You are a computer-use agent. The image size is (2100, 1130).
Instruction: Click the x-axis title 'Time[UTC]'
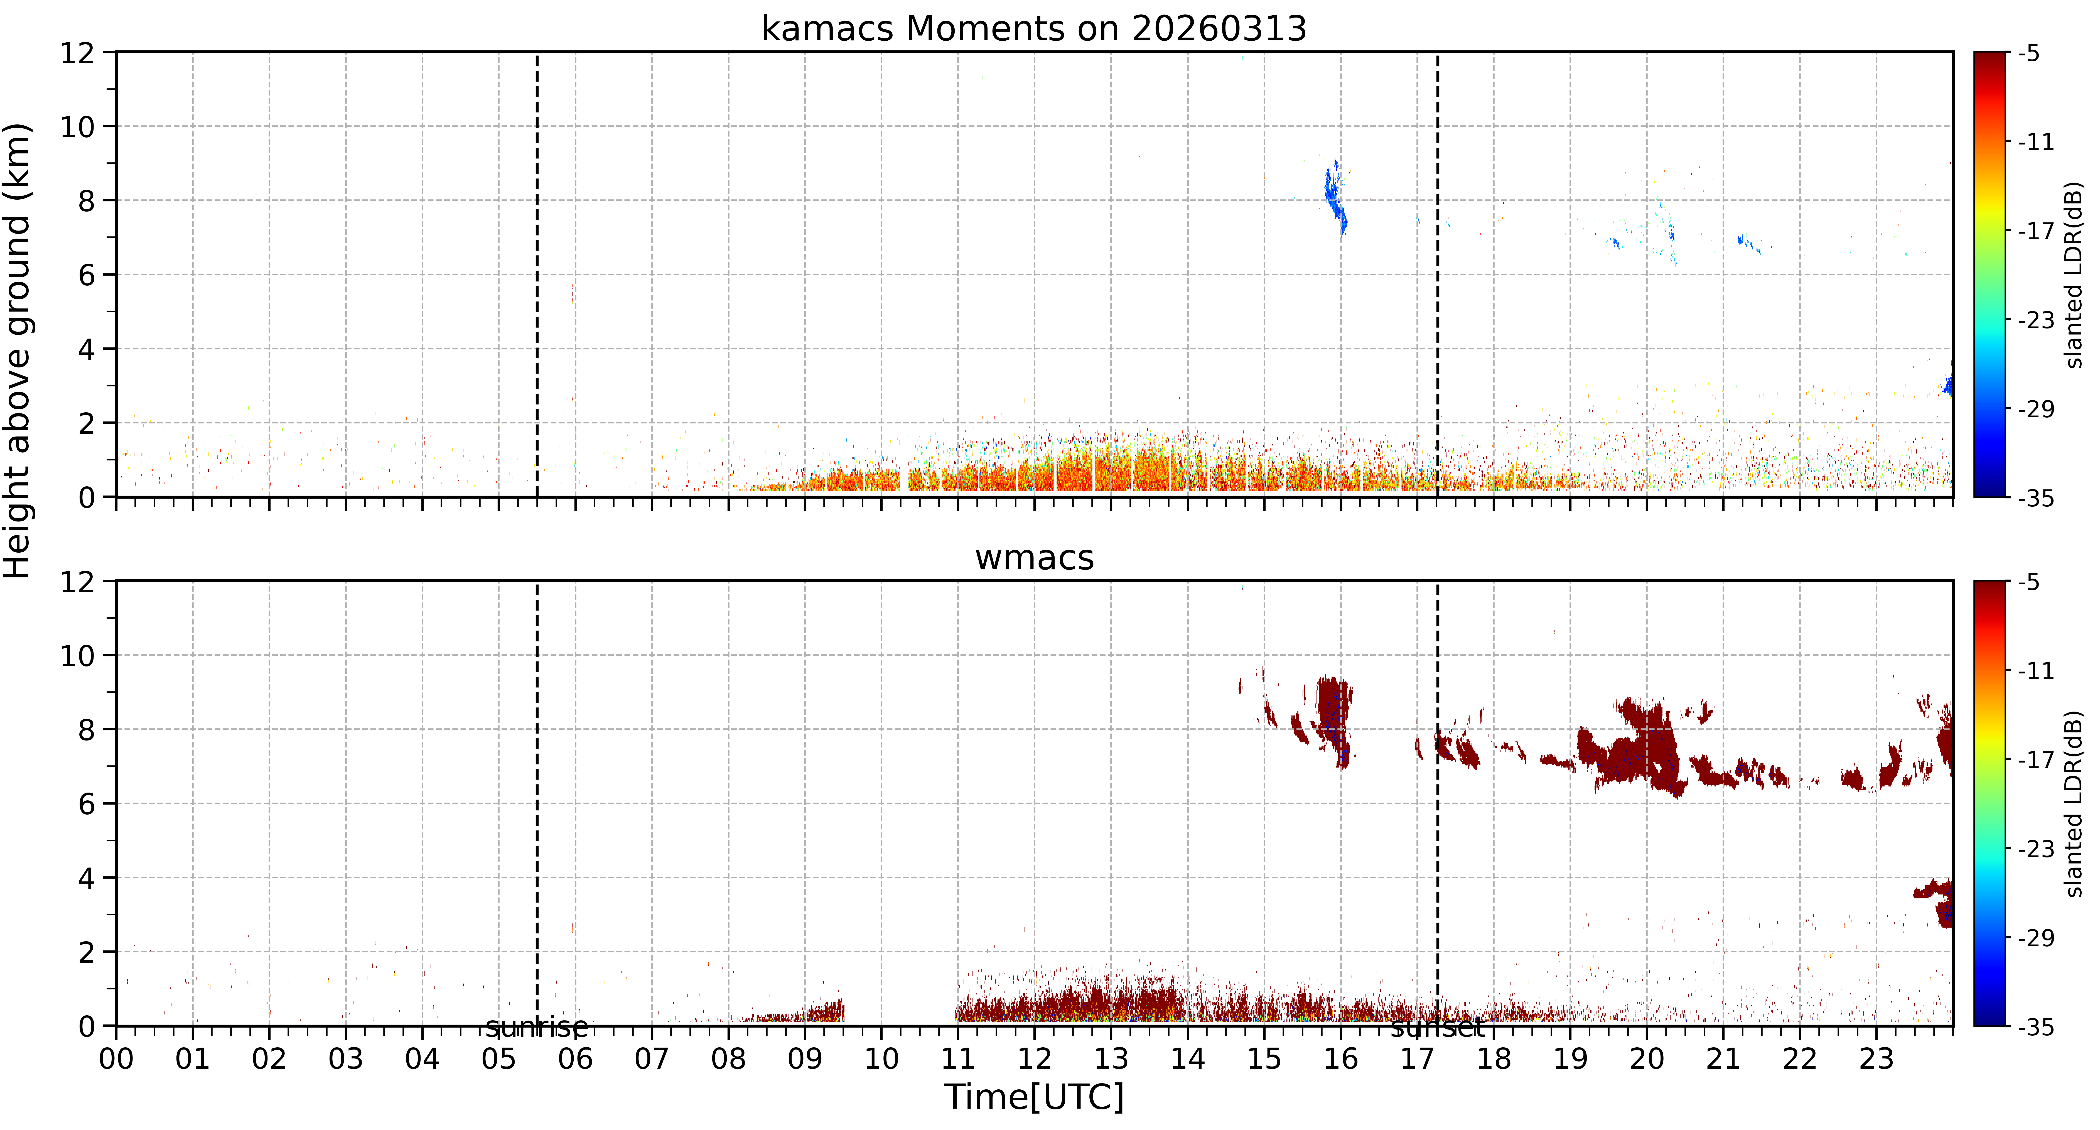1034,1097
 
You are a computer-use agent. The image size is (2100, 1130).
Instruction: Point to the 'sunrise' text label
536,1028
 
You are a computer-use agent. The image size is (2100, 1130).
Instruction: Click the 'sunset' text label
1437,1028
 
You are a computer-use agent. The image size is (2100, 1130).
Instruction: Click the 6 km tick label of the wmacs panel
86,804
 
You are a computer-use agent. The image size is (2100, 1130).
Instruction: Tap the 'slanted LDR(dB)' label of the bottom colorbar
2074,804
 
